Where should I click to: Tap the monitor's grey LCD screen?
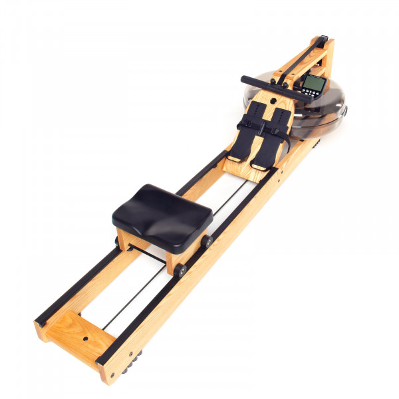(x=313, y=84)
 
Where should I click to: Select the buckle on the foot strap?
(x=247, y=123)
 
